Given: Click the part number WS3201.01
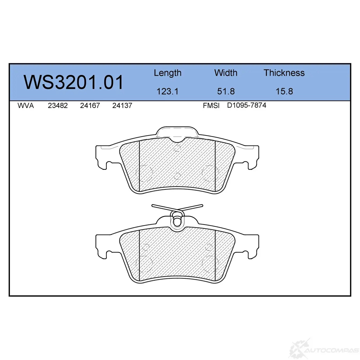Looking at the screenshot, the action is (x=73, y=82).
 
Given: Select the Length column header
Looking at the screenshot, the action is (x=168, y=73).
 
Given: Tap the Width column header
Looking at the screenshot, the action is (x=226, y=73).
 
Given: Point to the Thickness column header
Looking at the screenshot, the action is (x=284, y=73).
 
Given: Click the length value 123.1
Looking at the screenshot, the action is (x=167, y=92).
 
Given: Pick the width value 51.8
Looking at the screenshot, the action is (x=226, y=91).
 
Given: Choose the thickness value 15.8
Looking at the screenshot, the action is (x=284, y=91).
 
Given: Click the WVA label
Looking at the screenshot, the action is (x=26, y=106).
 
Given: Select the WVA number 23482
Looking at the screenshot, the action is (x=58, y=106).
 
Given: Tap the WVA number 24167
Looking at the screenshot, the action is (x=90, y=106).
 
